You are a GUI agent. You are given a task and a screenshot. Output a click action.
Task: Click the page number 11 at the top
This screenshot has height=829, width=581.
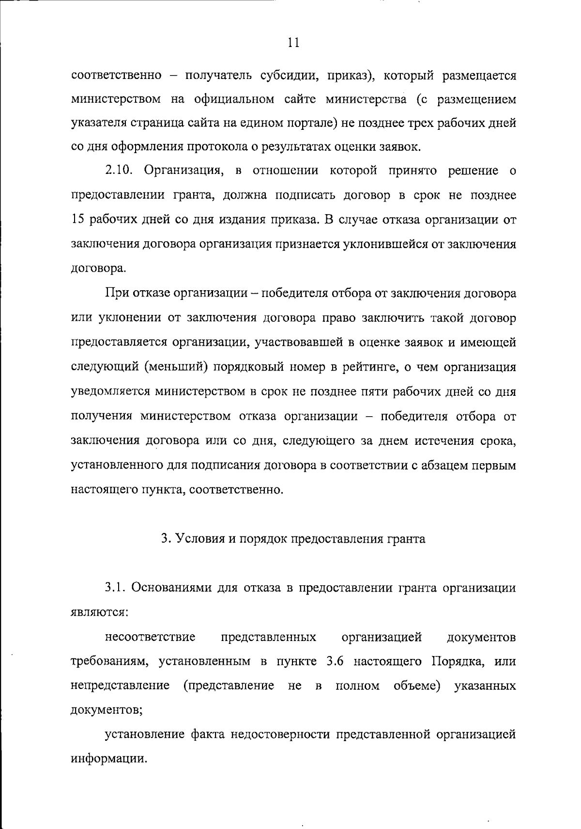(293, 43)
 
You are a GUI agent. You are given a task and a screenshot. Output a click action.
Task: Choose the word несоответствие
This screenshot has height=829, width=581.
(150, 637)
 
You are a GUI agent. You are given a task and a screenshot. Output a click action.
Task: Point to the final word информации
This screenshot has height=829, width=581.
(108, 758)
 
